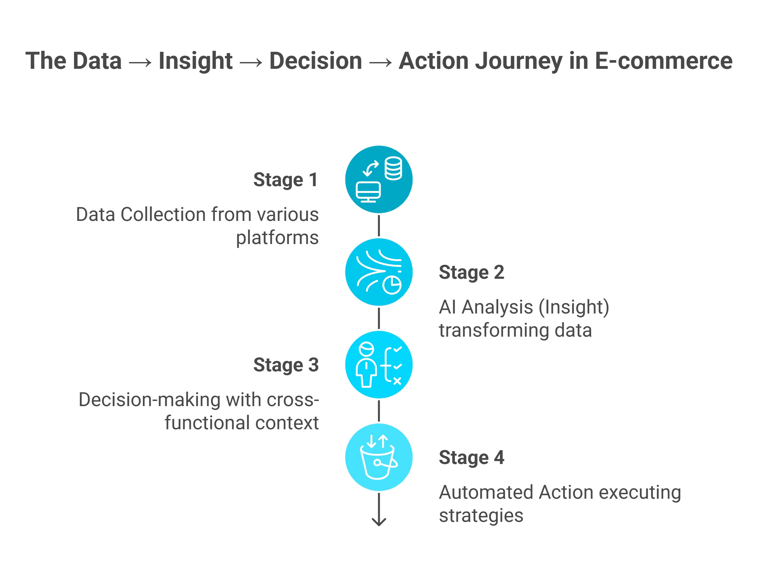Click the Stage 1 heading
286,180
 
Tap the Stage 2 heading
471,272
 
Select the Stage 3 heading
286,365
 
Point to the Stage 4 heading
471,458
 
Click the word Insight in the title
195,61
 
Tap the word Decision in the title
315,61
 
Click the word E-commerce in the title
664,61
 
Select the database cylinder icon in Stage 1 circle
393,168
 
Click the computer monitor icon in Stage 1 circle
368,192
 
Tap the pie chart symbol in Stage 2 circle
392,285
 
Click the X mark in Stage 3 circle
397,381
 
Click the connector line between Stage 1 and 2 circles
379,226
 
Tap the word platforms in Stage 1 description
277,237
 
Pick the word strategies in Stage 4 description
481,515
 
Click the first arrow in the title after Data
140,62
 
